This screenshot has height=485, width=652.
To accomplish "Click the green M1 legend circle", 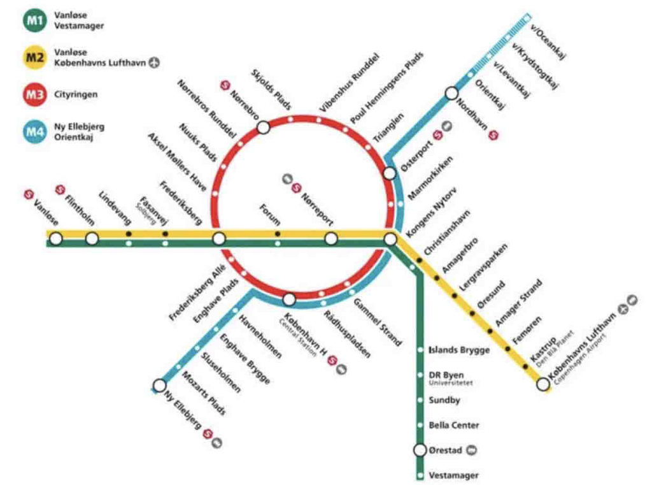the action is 35,20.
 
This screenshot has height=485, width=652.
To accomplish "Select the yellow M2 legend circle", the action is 34,57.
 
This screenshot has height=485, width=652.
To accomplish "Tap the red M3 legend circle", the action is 34,94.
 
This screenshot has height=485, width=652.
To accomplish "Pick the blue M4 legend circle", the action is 34,131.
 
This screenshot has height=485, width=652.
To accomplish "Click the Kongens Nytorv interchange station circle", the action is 390,239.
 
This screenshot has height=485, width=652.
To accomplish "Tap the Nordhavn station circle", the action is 451,93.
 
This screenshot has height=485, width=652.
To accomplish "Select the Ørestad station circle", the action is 420,450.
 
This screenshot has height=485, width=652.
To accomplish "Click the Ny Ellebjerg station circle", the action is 159,386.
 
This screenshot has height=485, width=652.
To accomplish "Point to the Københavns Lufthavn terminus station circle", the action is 542,384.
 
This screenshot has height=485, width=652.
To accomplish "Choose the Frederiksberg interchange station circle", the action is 219,238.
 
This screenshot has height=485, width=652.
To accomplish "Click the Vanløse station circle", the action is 56,238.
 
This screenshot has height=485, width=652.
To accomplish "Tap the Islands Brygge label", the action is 459,350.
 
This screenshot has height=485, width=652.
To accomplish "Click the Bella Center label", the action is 453,425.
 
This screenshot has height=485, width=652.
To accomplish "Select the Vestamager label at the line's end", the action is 453,475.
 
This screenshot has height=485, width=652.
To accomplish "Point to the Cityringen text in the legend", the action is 76,94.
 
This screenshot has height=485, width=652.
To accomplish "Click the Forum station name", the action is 269,214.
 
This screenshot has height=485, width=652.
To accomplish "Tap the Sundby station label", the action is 444,400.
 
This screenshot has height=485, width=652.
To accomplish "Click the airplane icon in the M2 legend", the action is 155,63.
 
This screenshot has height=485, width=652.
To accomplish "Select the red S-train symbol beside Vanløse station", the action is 28,194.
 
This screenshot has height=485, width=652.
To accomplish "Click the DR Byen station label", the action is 446,375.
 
